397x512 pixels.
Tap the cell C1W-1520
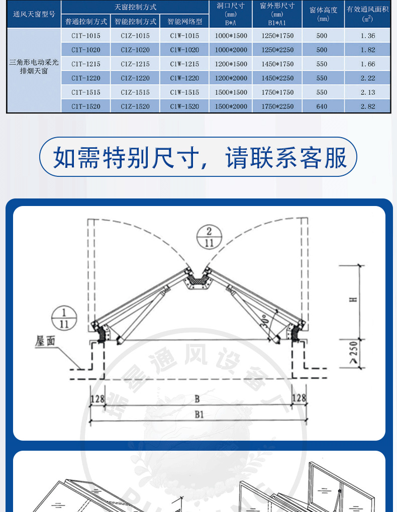(184, 107)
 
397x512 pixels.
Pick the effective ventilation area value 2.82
(368, 107)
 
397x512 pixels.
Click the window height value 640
(322, 107)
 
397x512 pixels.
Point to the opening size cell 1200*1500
(231, 64)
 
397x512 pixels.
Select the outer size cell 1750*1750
(277, 92)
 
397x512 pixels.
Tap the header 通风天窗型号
(34, 14)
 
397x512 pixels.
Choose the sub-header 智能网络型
(184, 22)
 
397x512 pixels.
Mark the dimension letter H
(354, 299)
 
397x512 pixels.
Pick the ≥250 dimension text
(354, 353)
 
